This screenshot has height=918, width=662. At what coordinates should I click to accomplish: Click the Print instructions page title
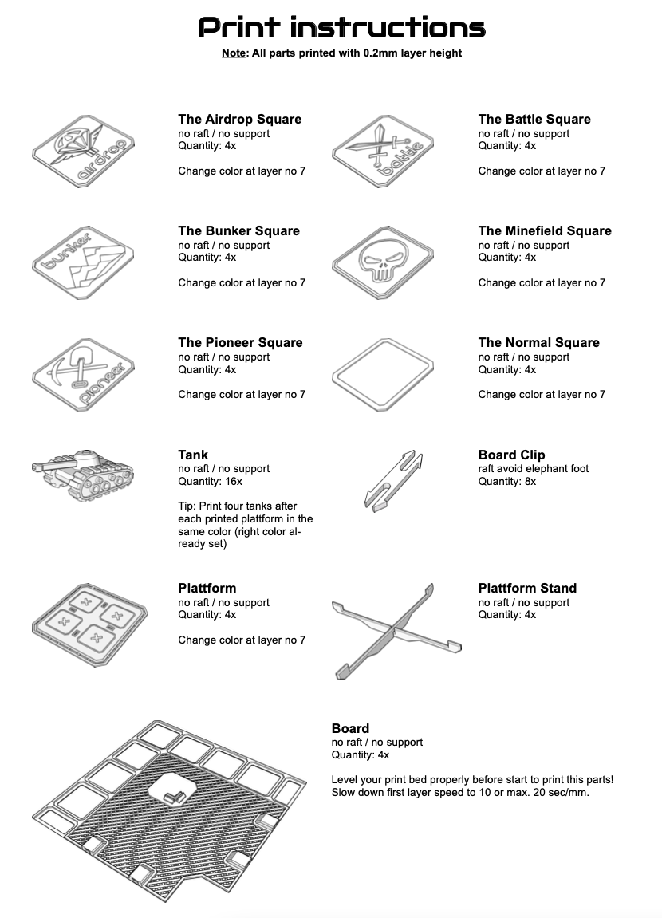(x=341, y=29)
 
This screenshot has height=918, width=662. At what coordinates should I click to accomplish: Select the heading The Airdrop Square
(x=239, y=120)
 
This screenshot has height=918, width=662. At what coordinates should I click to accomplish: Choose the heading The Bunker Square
(x=238, y=231)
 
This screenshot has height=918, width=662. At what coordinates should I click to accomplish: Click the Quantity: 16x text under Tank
(x=211, y=482)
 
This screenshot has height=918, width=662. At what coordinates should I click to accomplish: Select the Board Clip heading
(x=511, y=455)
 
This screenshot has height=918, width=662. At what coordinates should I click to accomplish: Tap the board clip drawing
(x=393, y=479)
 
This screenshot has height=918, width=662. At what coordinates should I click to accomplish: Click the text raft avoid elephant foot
(x=533, y=469)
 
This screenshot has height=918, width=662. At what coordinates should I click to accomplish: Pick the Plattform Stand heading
(x=527, y=589)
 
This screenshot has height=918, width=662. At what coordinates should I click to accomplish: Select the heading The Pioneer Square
(x=240, y=343)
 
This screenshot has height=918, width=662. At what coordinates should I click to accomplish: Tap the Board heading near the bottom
(x=350, y=729)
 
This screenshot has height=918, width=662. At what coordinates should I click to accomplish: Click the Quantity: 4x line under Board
(x=361, y=755)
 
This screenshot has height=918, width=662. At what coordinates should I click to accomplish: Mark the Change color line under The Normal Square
(x=542, y=395)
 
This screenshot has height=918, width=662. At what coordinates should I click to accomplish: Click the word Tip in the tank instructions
(x=186, y=506)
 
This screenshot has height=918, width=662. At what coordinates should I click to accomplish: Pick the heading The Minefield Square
(x=545, y=231)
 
